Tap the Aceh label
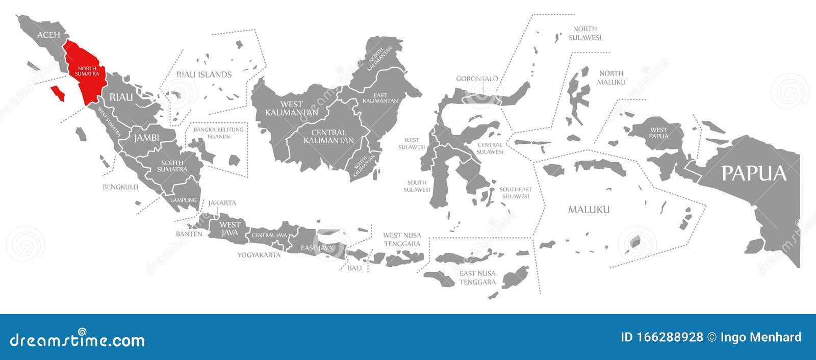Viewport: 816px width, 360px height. [x=48, y=35]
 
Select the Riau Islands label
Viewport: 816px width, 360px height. [x=204, y=74]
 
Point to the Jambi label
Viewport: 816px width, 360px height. [x=147, y=138]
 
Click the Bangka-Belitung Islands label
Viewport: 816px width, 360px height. [x=218, y=133]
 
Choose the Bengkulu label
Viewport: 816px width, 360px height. [x=120, y=187]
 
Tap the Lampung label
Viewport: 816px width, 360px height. [x=184, y=200]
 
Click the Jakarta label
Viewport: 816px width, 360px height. [x=222, y=203]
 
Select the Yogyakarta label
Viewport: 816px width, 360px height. [x=259, y=254]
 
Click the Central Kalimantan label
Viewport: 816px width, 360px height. [x=328, y=136]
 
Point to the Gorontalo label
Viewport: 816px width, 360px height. [x=477, y=79]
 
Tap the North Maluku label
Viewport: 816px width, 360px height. [x=612, y=78]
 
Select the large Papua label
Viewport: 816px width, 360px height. [x=754, y=173]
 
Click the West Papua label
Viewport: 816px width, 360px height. [x=658, y=133]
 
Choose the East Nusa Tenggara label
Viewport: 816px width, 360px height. [x=477, y=277]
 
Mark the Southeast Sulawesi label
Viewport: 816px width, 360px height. [x=515, y=193]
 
